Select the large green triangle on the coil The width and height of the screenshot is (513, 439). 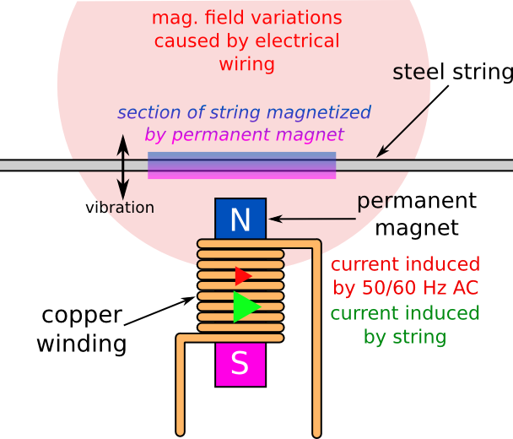(246, 306)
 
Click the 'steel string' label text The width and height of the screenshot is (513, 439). (452, 73)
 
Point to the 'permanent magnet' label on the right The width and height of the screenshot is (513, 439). (416, 214)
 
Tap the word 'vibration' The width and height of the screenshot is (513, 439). (120, 208)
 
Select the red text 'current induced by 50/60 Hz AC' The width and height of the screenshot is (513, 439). (406, 276)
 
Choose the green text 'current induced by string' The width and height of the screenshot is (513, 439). (404, 325)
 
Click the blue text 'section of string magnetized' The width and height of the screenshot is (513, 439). (244, 113)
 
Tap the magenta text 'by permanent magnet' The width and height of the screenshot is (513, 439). (244, 134)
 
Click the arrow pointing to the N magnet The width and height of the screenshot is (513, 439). (308, 219)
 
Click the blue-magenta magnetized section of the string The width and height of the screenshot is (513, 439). (242, 165)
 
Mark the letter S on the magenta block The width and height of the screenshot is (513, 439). (240, 364)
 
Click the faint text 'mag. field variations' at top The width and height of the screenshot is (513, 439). (246, 18)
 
